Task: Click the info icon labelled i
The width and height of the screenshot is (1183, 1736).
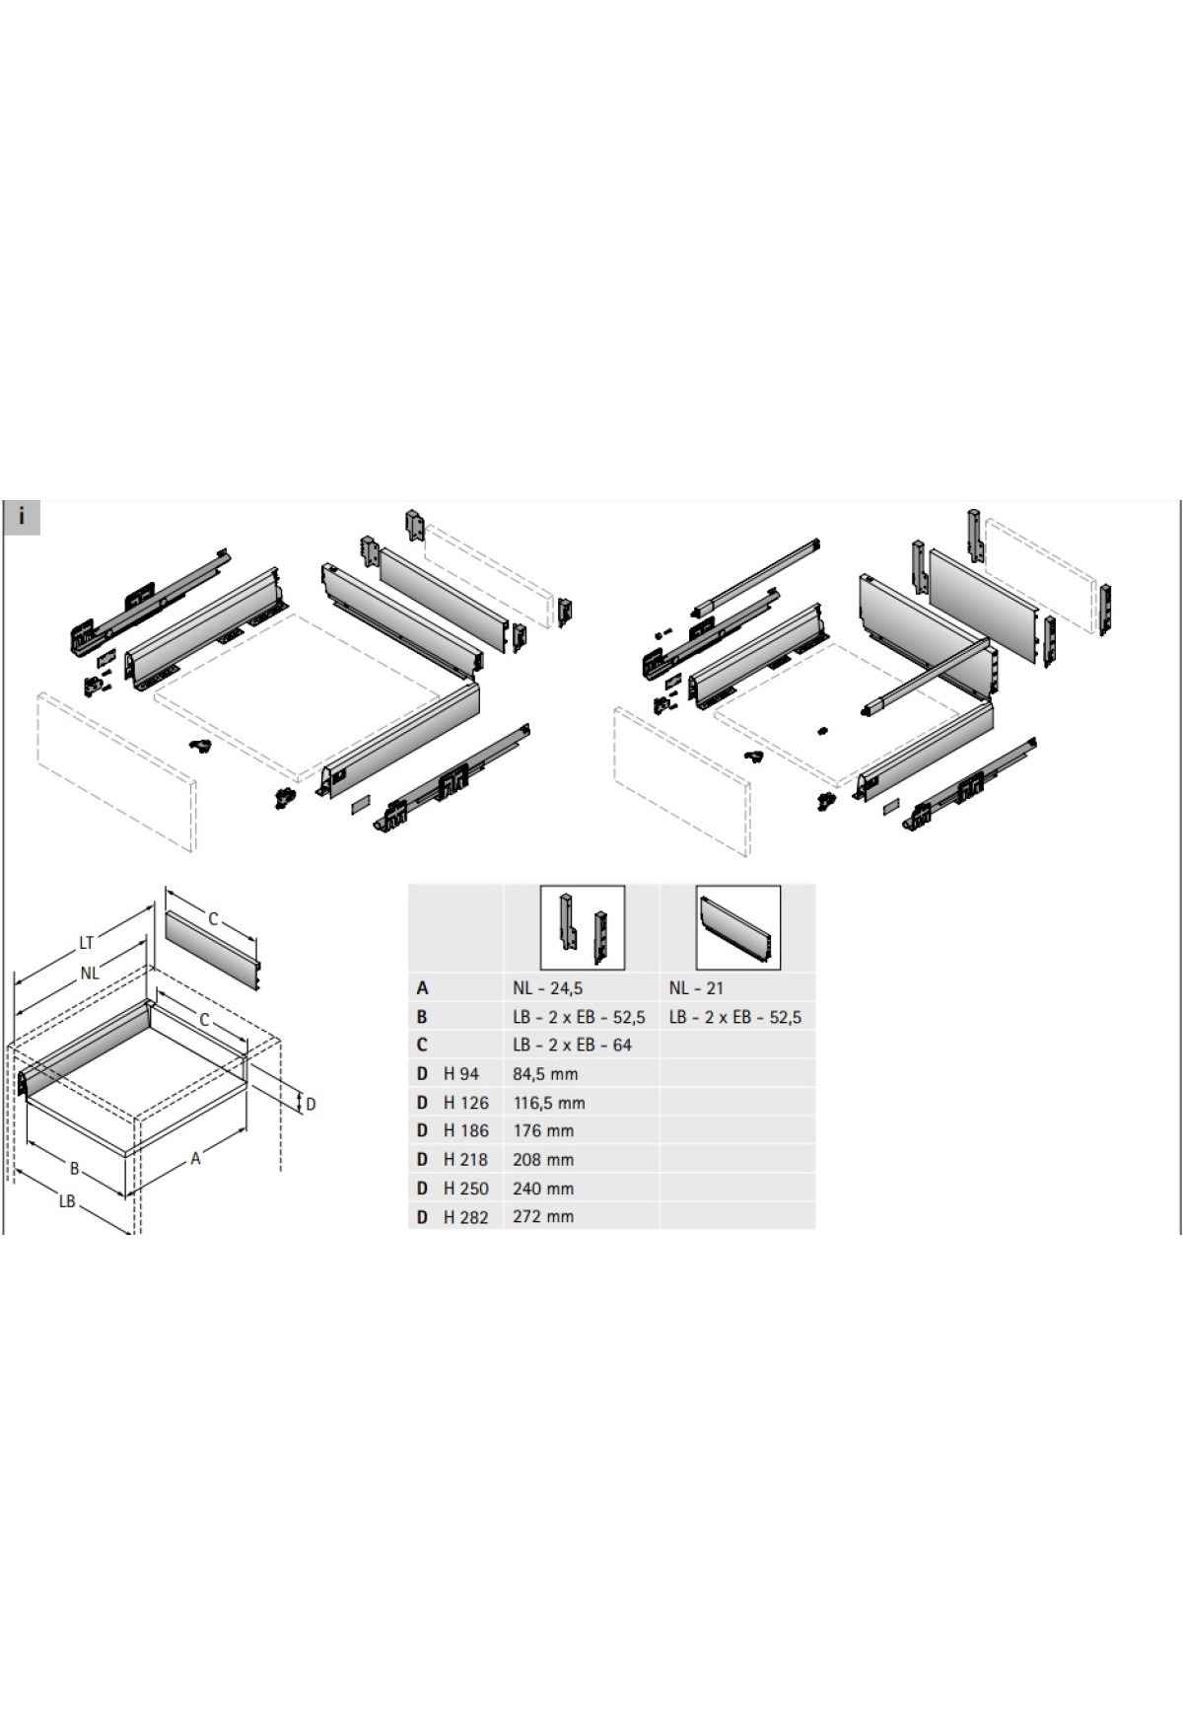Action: pyautogui.click(x=22, y=517)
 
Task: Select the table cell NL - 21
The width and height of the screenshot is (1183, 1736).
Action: pyautogui.click(x=696, y=987)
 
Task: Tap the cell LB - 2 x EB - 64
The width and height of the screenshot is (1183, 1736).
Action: pyautogui.click(x=573, y=1045)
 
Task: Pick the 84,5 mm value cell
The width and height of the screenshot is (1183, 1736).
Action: pyautogui.click(x=545, y=1073)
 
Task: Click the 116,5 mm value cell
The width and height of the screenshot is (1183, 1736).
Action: pyautogui.click(x=549, y=1103)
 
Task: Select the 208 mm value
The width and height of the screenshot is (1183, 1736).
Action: pyautogui.click(x=543, y=1159)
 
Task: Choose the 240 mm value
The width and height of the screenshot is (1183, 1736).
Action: pyautogui.click(x=543, y=1189)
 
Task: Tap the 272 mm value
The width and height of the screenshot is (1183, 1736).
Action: pyautogui.click(x=543, y=1216)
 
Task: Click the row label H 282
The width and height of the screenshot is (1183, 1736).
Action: pyautogui.click(x=466, y=1217)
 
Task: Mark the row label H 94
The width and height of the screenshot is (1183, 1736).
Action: pyautogui.click(x=461, y=1073)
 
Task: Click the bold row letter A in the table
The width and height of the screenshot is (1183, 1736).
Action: pyautogui.click(x=422, y=987)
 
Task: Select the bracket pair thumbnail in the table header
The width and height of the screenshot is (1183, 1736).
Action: pyautogui.click(x=582, y=927)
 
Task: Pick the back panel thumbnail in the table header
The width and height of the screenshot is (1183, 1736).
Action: pyautogui.click(x=737, y=927)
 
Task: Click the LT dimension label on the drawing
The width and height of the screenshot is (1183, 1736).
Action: pyautogui.click(x=87, y=943)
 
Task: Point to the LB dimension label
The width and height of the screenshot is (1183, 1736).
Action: pyautogui.click(x=67, y=1201)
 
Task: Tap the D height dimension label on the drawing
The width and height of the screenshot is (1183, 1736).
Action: pyautogui.click(x=311, y=1104)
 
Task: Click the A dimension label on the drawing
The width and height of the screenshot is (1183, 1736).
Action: pyautogui.click(x=195, y=1159)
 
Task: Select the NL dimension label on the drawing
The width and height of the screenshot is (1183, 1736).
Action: pyautogui.click(x=90, y=973)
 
